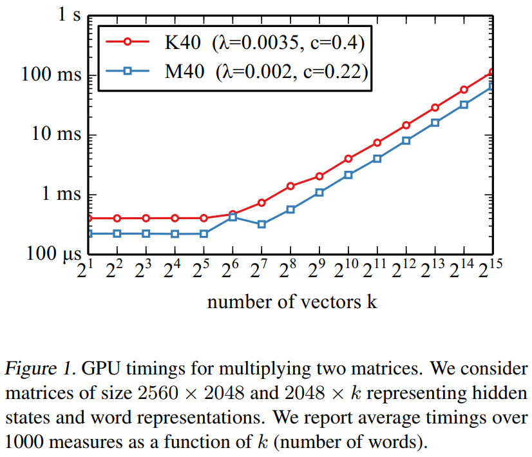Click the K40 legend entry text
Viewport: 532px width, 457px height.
point(265,43)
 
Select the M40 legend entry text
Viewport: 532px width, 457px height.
point(266,72)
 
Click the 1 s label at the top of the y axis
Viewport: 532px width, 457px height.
point(71,15)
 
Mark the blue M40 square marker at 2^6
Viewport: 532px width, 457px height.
point(233,217)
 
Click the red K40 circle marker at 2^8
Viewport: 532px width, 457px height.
point(290,186)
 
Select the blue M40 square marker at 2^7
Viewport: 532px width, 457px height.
point(261,224)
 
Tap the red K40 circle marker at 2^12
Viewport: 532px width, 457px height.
point(406,125)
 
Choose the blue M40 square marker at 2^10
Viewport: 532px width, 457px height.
point(348,175)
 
